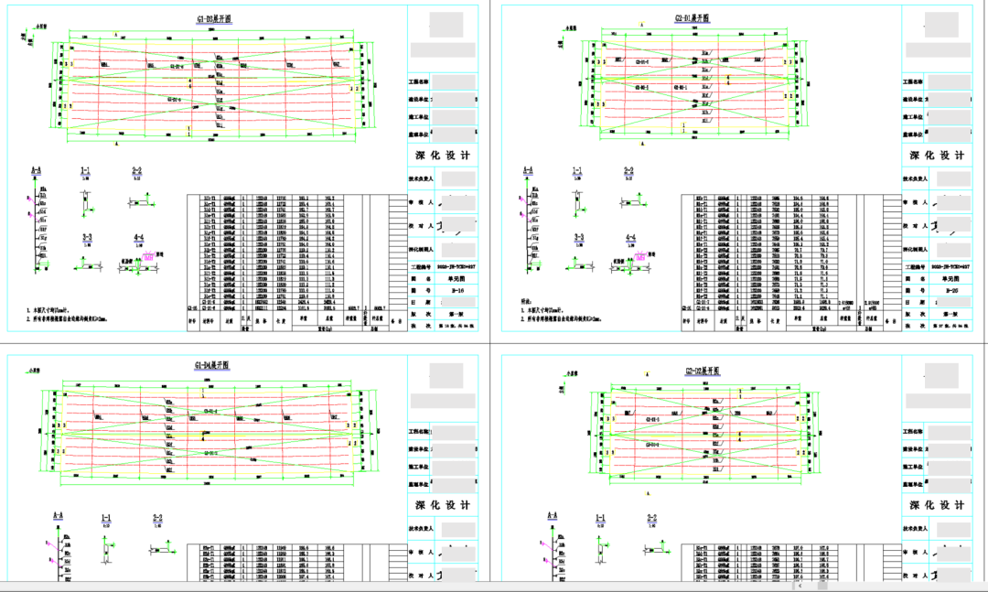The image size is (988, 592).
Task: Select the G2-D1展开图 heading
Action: point(692,18)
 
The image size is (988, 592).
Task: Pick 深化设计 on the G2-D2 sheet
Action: point(934,505)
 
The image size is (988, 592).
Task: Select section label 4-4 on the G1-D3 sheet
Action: point(138,237)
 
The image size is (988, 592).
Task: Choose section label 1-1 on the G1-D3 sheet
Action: point(85,169)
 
